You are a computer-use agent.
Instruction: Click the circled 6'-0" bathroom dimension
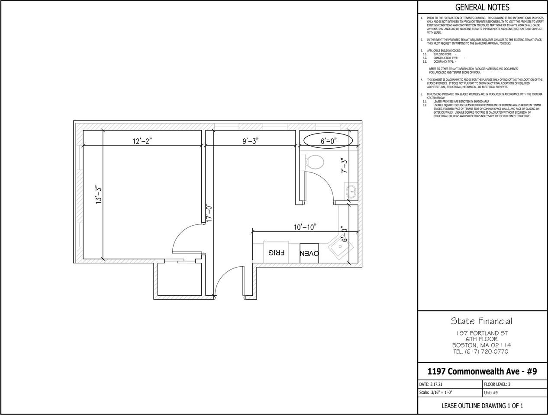[x=329, y=141]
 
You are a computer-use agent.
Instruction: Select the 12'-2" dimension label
[x=142, y=141]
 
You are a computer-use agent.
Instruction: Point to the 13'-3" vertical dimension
[x=99, y=195]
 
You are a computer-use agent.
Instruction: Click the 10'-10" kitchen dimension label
[x=305, y=227]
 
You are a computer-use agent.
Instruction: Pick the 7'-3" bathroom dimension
[x=344, y=166]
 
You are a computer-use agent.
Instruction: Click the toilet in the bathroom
[x=314, y=162]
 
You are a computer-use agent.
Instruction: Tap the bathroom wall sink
[x=351, y=191]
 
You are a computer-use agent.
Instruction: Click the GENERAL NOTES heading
[x=482, y=7]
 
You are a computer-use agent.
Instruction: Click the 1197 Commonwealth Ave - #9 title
[x=482, y=372]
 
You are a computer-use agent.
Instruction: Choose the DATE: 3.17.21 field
[x=431, y=384]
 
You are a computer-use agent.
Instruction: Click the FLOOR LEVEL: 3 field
[x=497, y=384]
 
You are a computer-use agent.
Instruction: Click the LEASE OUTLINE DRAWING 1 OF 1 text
[x=482, y=406]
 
